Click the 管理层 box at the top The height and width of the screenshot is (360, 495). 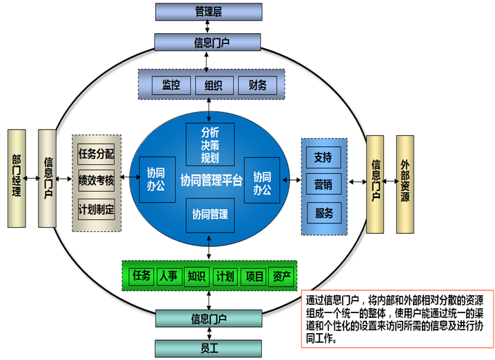click(208, 12)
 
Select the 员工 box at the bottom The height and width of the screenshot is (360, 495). click(208, 347)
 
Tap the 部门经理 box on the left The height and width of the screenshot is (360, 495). click(17, 178)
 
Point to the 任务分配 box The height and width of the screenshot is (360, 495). click(97, 154)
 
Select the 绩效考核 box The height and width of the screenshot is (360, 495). click(97, 181)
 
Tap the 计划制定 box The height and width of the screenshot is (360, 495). click(97, 208)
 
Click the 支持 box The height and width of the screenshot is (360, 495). click(323, 158)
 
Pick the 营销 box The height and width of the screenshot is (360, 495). click(323, 185)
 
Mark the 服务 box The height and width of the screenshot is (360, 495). click(323, 212)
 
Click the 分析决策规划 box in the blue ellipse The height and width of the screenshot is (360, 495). click(210, 144)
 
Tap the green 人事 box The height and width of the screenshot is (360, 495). click(168, 276)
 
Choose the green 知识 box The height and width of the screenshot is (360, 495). click(196, 276)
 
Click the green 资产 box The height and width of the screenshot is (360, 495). click(281, 276)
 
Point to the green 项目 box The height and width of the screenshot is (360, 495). click(254, 276)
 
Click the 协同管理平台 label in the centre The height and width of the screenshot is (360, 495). click(211, 181)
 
